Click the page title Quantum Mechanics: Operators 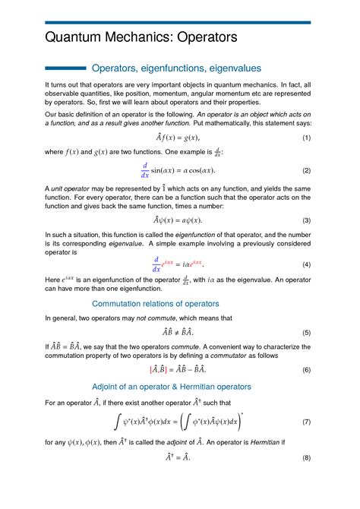[141, 37]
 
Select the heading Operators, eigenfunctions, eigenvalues [176, 68]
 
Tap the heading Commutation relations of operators [176, 304]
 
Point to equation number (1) [306, 138]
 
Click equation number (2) [306, 170]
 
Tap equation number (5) [306, 332]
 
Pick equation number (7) [306, 421]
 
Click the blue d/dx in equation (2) [144, 169]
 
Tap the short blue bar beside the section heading [65, 68]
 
